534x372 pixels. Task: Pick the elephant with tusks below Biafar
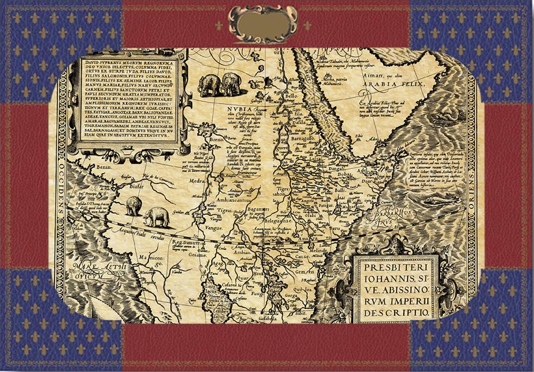click(157, 216)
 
